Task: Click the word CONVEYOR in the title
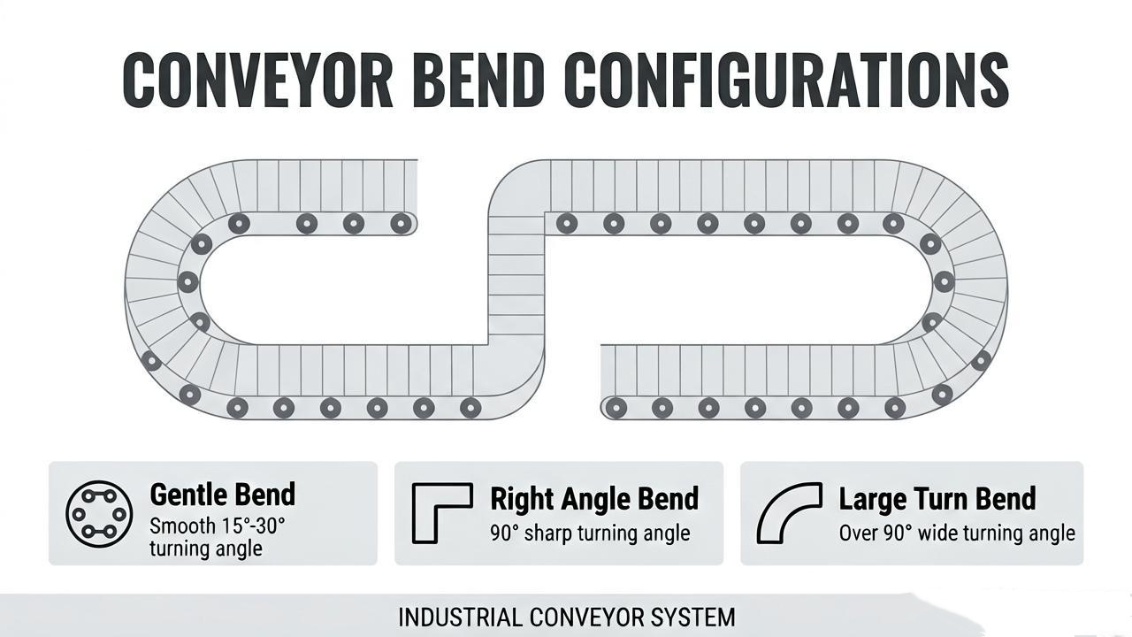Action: [257, 80]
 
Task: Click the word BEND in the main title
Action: [480, 80]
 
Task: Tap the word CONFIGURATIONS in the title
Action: [786, 80]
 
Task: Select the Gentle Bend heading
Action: [222, 495]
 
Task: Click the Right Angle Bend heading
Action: [594, 499]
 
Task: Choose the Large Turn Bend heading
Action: [937, 499]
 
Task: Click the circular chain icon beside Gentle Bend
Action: [99, 514]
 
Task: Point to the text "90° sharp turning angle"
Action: [590, 533]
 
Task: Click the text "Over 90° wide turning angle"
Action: [957, 533]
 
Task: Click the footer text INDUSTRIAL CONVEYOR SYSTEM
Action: [567, 618]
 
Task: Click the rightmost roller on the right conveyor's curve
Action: [981, 360]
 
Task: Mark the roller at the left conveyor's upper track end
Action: [401, 223]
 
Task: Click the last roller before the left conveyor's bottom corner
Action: [470, 408]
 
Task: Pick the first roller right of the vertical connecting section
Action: [567, 223]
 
